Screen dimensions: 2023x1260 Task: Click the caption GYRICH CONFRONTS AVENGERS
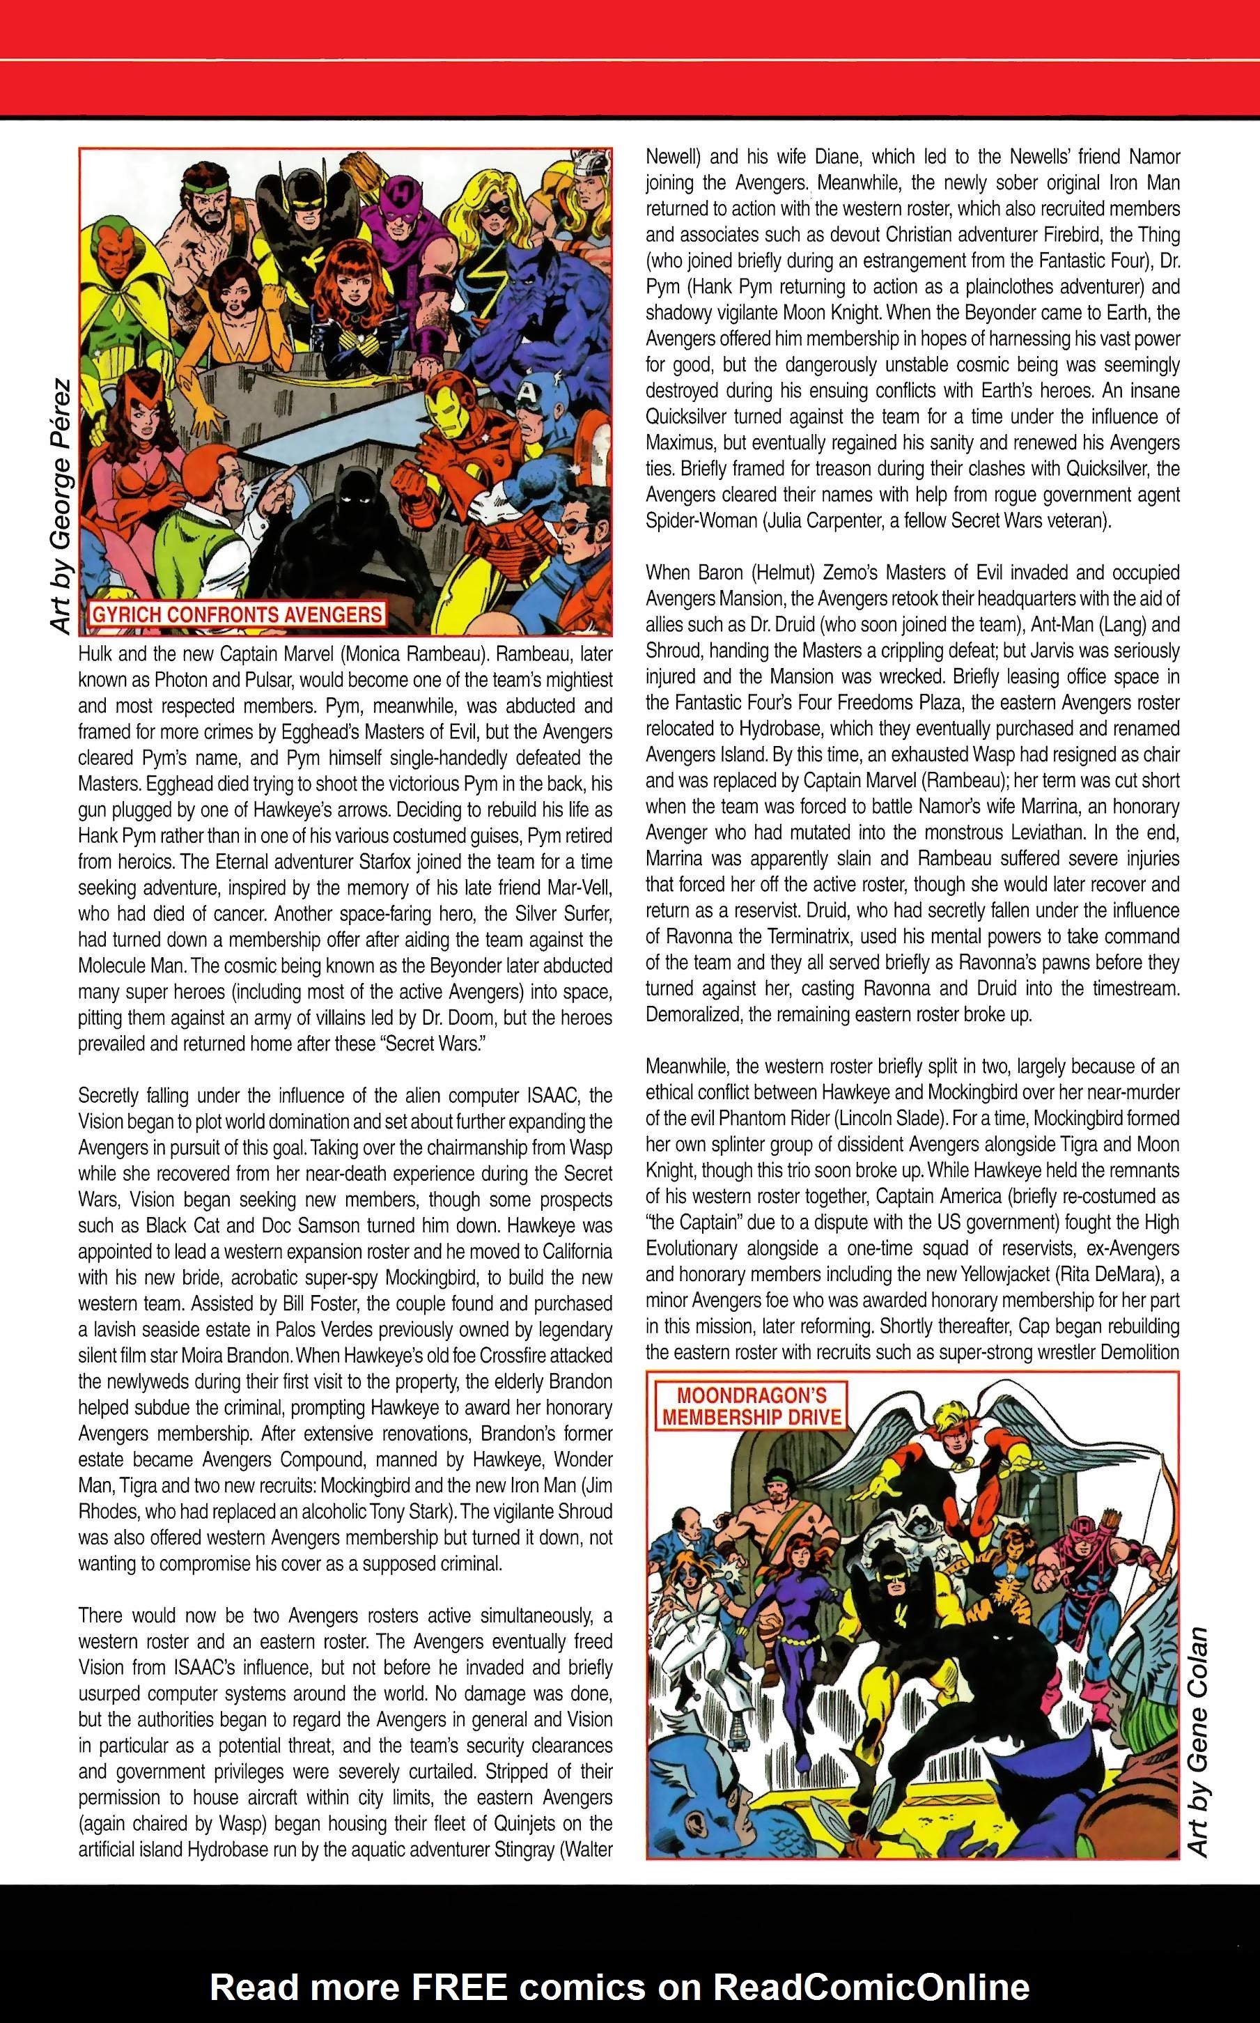236,615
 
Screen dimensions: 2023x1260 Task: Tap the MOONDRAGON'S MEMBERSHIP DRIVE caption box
750,1406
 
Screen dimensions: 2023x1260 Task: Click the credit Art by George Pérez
60,506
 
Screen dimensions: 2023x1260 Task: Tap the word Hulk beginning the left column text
95,654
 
